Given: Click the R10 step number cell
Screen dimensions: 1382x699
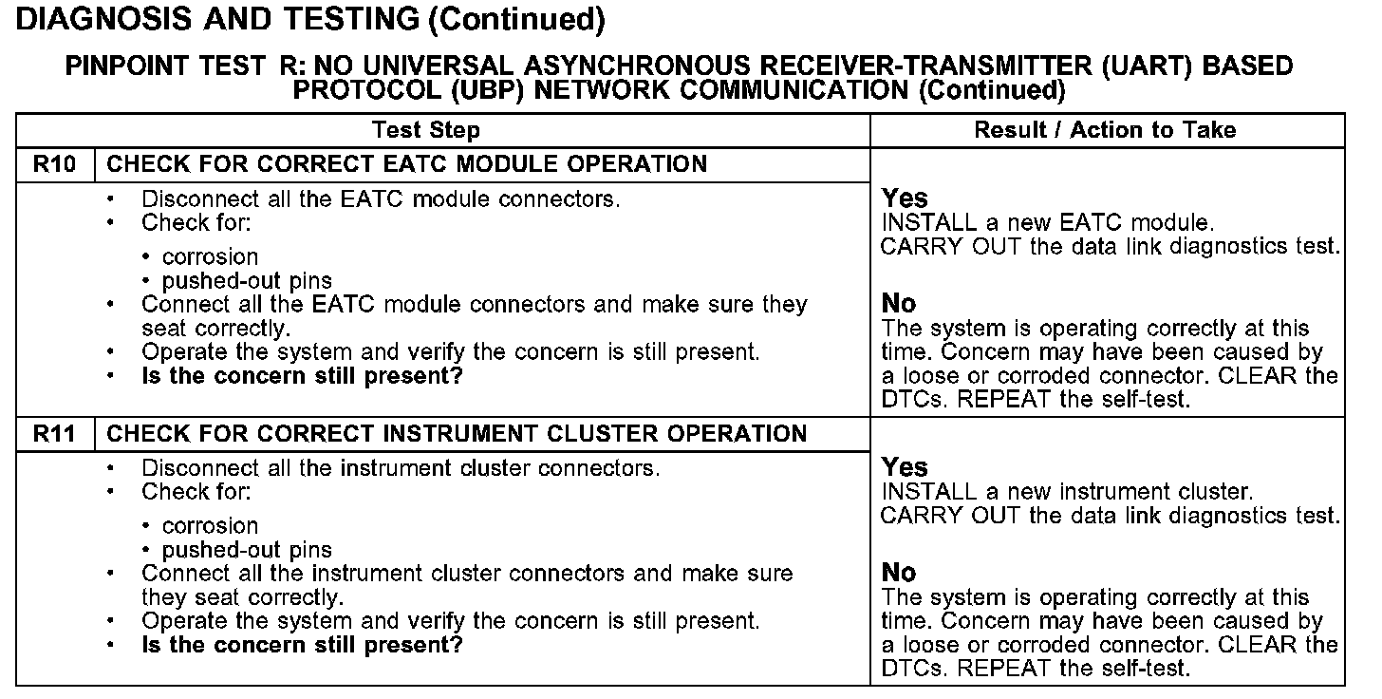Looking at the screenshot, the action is pos(54,164).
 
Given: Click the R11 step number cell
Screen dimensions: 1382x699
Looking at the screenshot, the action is pos(54,434).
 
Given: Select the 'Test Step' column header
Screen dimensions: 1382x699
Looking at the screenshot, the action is pos(426,130).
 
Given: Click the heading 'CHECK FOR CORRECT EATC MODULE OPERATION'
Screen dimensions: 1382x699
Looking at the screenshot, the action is pos(407,164).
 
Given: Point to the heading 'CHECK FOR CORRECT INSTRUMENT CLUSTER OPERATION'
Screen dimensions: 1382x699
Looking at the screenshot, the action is pos(457,434).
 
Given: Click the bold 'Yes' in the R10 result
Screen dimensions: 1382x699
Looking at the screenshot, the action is pos(905,198).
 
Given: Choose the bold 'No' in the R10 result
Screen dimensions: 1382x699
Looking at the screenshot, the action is pos(899,304).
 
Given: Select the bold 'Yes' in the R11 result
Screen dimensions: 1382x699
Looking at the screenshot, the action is pos(905,467).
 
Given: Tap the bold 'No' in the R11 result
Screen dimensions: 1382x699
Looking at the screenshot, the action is pos(899,573).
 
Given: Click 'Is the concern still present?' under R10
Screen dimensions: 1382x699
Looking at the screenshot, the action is pos(302,376).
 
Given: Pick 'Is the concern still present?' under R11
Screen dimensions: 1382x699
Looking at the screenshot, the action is pos(302,646).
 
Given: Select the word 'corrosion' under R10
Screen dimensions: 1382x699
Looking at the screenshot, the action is pos(210,257).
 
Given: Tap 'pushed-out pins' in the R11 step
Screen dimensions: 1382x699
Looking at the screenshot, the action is pos(247,550).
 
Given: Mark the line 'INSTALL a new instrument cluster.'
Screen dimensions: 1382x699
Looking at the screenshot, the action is pos(1068,492).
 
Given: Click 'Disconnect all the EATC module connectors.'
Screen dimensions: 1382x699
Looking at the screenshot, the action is pos(380,199).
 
